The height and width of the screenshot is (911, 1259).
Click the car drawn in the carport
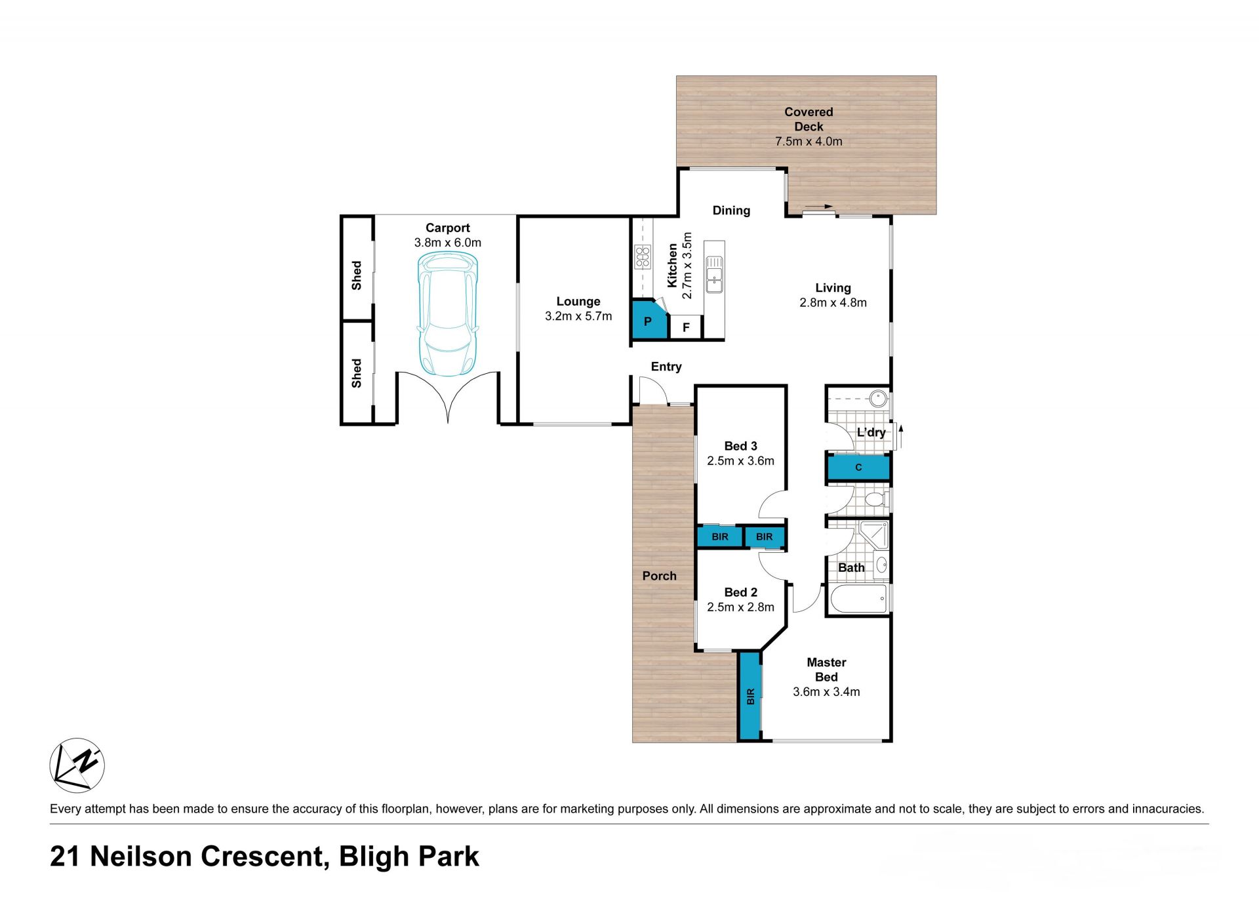coord(448,314)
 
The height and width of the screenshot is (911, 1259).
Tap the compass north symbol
coord(77,765)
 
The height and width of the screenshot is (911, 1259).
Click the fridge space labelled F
coord(686,327)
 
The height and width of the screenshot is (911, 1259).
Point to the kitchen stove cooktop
coord(643,256)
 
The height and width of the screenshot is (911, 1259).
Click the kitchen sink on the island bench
coord(714,275)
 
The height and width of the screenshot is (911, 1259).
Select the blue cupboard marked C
coord(858,468)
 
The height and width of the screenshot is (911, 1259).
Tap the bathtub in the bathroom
coord(858,599)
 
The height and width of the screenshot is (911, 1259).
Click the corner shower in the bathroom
coord(874,535)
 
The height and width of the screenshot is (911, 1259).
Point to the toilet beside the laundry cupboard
coord(875,500)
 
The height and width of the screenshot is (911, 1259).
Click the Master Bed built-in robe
coord(749,696)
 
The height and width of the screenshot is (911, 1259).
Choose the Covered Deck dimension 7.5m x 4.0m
coord(809,141)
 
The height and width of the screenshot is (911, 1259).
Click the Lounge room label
coord(578,301)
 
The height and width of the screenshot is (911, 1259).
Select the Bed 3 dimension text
coord(740,460)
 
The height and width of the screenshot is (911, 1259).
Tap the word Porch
coord(659,575)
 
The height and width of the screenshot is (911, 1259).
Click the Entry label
coord(666,367)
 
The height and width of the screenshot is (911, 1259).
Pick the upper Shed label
coord(356,275)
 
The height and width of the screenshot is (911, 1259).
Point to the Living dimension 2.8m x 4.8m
coord(833,302)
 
